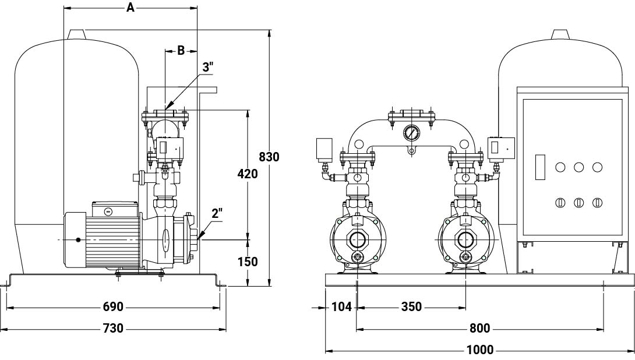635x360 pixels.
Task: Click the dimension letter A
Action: pyautogui.click(x=130, y=8)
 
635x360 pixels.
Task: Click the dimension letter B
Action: pyautogui.click(x=181, y=51)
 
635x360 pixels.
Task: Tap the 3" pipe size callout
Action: pyautogui.click(x=208, y=67)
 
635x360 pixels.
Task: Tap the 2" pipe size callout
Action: pyautogui.click(x=217, y=213)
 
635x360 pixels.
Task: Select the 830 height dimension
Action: pyautogui.click(x=269, y=157)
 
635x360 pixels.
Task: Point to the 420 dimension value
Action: pyautogui.click(x=248, y=174)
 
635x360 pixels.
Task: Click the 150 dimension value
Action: pyautogui.click(x=248, y=262)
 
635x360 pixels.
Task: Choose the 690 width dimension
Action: pyautogui.click(x=112, y=307)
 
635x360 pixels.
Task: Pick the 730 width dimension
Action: pyautogui.click(x=112, y=328)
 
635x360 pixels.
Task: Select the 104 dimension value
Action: pyautogui.click(x=341, y=307)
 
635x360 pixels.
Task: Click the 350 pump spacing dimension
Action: pyautogui.click(x=411, y=307)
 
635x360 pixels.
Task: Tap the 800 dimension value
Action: pyautogui.click(x=480, y=328)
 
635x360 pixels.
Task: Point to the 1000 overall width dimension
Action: pyautogui.click(x=480, y=350)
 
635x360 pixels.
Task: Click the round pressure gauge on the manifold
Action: pyautogui.click(x=411, y=132)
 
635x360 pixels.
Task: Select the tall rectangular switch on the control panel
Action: pyautogui.click(x=540, y=167)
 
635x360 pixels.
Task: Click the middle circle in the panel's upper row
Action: pyautogui.click(x=578, y=167)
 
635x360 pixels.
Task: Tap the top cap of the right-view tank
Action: pyautogui.click(x=561, y=35)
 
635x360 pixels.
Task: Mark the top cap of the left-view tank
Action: pyautogui.click(x=77, y=35)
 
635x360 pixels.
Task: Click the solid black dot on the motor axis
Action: pyautogui.click(x=77, y=240)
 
